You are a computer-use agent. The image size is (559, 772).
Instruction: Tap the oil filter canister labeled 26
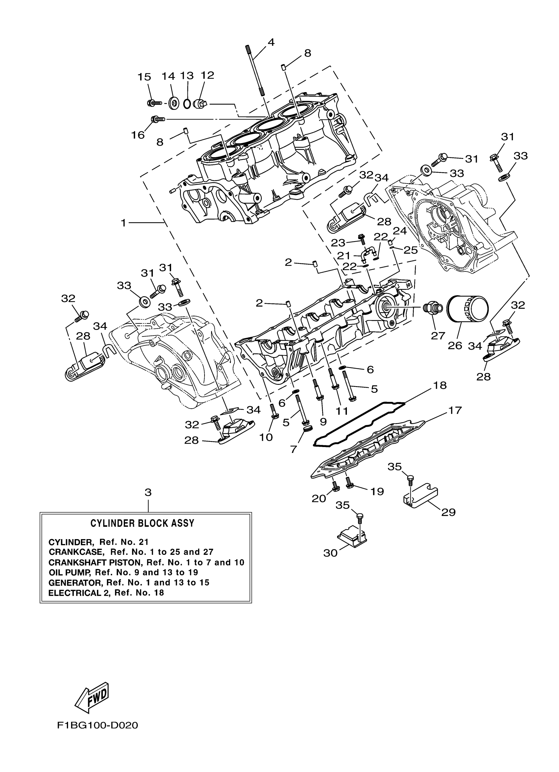(467, 310)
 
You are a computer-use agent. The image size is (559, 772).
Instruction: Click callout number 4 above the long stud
(271, 42)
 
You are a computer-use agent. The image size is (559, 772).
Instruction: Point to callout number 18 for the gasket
(440, 385)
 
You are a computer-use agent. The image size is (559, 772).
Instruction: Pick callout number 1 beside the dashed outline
(124, 223)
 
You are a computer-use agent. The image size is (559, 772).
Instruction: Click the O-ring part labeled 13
(187, 103)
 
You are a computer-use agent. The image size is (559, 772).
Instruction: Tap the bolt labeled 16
(158, 119)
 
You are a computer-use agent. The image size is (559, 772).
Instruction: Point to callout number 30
(330, 553)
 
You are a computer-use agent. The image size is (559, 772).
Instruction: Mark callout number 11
(342, 411)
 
